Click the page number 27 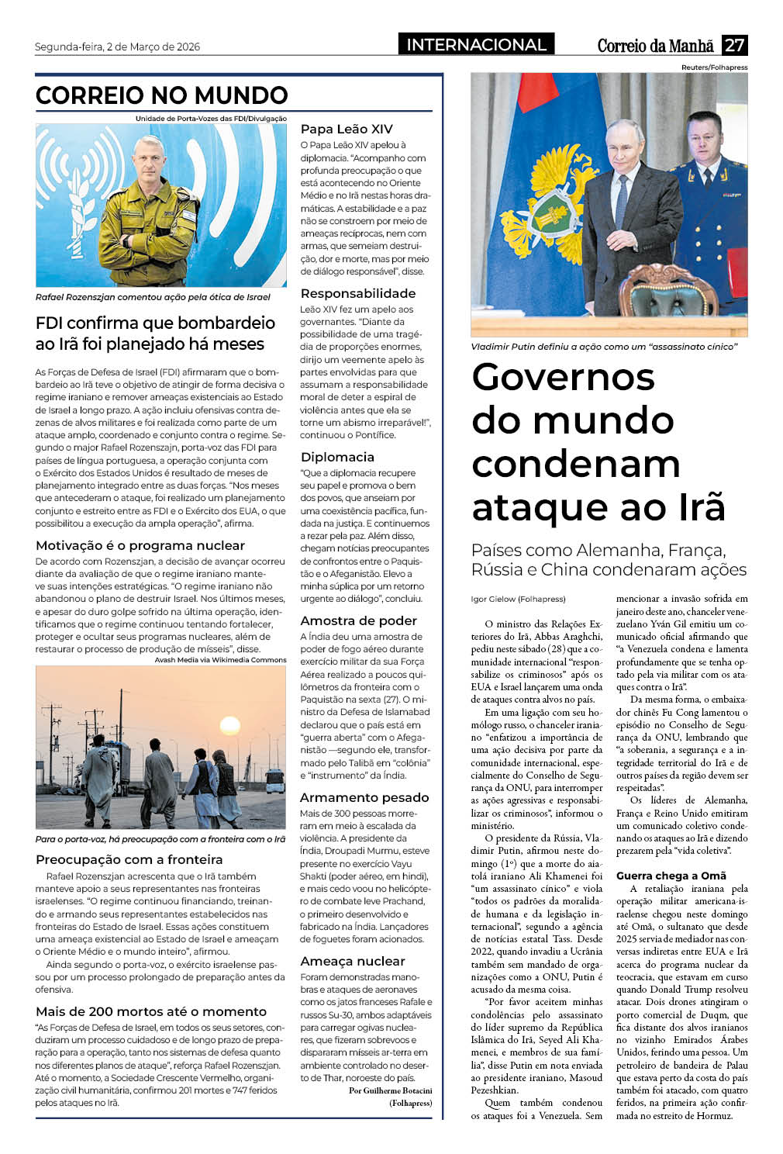tap(734, 45)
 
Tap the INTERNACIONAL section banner tap(476, 45)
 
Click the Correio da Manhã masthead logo tap(655, 46)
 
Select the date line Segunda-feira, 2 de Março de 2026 tap(117, 47)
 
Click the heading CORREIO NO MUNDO tap(161, 95)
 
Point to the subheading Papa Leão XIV tap(347, 130)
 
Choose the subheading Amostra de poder tap(358, 620)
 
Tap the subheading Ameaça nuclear tap(352, 961)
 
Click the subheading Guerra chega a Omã tap(671, 876)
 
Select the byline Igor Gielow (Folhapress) tap(518, 599)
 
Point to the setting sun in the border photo tap(229, 726)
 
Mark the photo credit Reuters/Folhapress tap(714, 67)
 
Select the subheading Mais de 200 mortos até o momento tap(150, 1011)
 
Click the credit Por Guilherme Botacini tap(390, 1090)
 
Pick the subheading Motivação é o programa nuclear tap(140, 545)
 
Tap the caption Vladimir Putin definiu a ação tap(604, 347)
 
